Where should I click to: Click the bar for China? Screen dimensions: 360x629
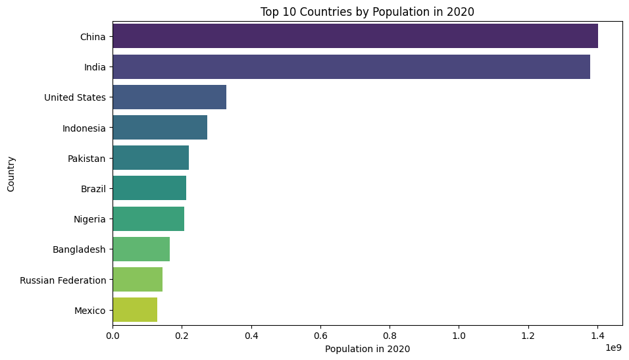[355, 36]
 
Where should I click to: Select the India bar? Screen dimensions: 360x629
[351, 67]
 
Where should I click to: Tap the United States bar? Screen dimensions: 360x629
[169, 97]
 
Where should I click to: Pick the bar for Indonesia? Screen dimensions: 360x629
[160, 128]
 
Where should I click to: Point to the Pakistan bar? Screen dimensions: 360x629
[151, 158]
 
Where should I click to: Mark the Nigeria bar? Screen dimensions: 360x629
[148, 219]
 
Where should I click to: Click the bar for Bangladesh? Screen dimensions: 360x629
[141, 249]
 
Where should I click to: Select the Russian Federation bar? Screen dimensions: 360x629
[138, 280]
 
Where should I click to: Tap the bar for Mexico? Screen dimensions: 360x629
[135, 310]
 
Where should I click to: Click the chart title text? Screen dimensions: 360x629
[367, 11]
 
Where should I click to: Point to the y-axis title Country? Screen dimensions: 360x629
[11, 174]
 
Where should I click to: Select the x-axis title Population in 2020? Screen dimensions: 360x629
[367, 349]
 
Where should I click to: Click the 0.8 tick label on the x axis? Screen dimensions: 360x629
[390, 335]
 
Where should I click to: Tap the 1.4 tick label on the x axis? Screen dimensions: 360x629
[597, 335]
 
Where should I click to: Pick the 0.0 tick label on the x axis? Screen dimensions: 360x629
[113, 335]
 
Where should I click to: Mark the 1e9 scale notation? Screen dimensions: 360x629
[613, 346]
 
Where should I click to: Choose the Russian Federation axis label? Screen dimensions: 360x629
[63, 280]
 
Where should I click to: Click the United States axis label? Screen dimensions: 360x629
[75, 98]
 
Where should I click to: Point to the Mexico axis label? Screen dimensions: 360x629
[90, 311]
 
